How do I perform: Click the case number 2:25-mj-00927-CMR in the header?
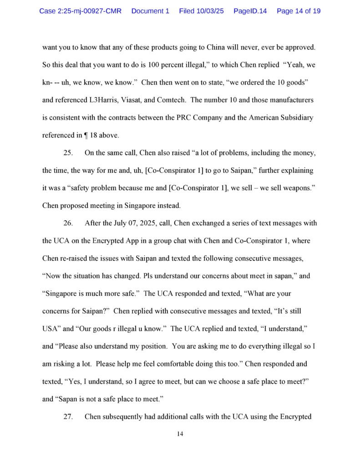coord(80,10)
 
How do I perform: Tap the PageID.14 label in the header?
coord(250,10)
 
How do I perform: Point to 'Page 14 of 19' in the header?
coord(299,10)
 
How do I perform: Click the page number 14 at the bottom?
coord(180,434)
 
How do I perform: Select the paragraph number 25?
coord(68,152)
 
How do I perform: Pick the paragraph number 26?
coord(68,223)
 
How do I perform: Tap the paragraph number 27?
coord(68,416)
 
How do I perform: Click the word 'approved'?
coord(298,47)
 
